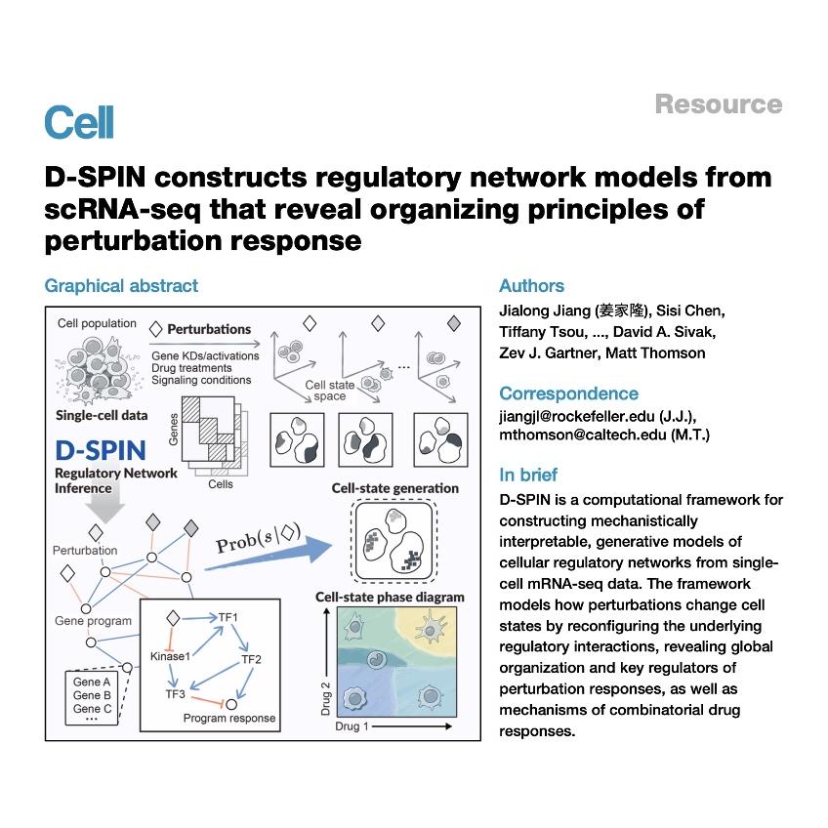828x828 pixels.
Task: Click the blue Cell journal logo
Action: [79, 122]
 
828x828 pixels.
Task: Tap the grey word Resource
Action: [719, 104]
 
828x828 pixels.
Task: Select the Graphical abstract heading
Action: [121, 286]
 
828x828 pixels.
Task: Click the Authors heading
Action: [532, 286]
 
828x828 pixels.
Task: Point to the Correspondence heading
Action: [568, 393]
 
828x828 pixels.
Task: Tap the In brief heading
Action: [528, 475]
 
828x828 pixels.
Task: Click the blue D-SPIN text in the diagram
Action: [101, 450]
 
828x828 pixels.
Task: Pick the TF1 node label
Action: [228, 617]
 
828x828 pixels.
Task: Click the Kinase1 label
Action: [170, 656]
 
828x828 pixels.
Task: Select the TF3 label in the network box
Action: [176, 694]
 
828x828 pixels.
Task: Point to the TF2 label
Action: [251, 659]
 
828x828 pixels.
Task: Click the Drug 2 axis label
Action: [325, 699]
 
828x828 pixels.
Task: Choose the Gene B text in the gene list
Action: [92, 695]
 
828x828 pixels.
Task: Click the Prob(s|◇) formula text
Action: [258, 538]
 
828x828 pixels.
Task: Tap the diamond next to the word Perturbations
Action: [156, 329]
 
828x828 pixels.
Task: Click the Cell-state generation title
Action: [395, 488]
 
